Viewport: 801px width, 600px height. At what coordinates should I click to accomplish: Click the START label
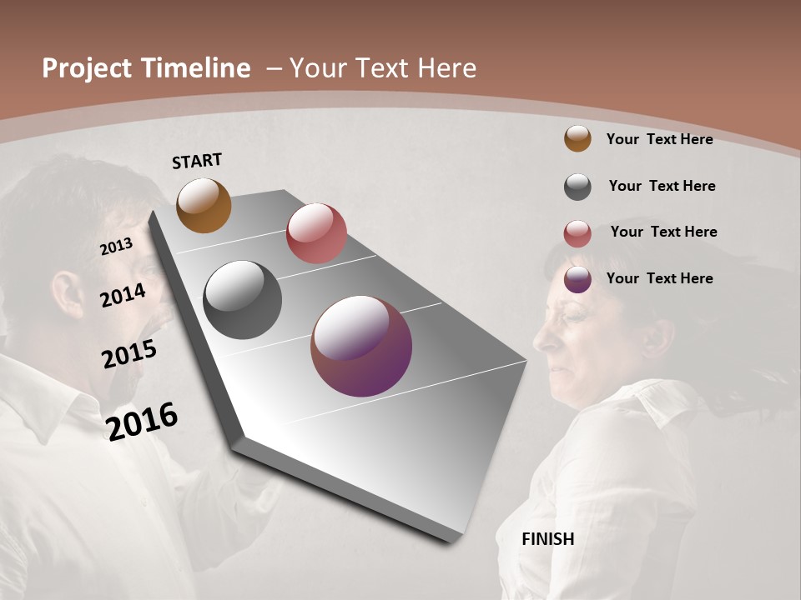coord(197,161)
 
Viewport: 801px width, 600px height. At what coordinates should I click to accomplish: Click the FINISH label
coord(547,539)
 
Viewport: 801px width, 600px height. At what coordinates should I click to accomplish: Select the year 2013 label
coord(116,246)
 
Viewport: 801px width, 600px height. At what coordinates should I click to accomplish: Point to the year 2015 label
coord(128,354)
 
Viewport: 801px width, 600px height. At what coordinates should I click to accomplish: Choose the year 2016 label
coord(142,421)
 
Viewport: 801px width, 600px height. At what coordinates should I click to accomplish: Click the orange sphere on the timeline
coord(204,205)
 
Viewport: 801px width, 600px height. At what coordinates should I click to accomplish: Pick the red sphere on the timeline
coord(316,233)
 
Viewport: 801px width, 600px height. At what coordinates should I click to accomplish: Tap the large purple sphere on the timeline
coord(361,346)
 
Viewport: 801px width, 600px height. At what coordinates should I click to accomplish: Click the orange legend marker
coord(577,138)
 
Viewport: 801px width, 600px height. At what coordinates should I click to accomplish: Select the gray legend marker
coord(577,187)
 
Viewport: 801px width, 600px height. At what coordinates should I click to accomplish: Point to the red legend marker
coord(577,233)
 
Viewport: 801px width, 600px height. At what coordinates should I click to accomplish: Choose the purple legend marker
coord(577,279)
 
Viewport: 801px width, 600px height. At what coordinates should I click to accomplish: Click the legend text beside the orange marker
coord(659,139)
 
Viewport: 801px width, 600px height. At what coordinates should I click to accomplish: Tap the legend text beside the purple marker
coord(659,278)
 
